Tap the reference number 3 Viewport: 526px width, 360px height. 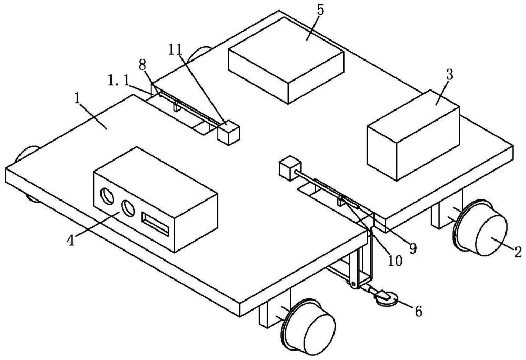[x=449, y=75]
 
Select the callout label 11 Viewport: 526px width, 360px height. [x=175, y=49]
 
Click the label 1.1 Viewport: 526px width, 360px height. [x=118, y=81]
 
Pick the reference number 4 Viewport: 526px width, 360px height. [x=71, y=240]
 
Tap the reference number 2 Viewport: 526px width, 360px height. [x=518, y=252]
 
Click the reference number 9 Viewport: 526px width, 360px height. [x=412, y=248]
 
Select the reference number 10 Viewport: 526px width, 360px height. [x=395, y=261]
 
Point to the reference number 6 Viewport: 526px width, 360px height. [x=418, y=312]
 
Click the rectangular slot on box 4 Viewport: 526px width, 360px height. [x=155, y=224]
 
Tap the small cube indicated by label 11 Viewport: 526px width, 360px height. [x=229, y=133]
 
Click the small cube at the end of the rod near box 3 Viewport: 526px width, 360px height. [x=290, y=169]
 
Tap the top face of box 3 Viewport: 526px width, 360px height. [x=413, y=114]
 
